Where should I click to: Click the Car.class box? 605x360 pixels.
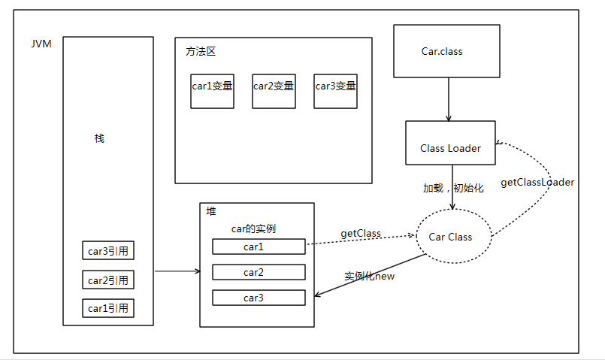pos(447,51)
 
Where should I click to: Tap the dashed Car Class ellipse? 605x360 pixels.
pos(450,237)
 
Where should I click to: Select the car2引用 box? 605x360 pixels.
pos(108,280)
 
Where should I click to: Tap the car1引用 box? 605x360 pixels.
pos(108,308)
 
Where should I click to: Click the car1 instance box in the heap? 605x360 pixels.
pos(259,247)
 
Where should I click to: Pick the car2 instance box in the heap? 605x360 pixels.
pos(259,272)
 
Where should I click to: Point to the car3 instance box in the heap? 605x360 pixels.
pos(259,298)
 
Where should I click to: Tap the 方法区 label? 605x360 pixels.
pos(201,52)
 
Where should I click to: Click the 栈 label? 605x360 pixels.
pos(99,138)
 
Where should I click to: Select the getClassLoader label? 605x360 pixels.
pos(537,182)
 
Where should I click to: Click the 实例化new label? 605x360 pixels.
pos(370,276)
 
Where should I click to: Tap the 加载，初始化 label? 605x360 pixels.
pos(453,188)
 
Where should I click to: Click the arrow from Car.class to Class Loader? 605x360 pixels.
pos(449,98)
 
